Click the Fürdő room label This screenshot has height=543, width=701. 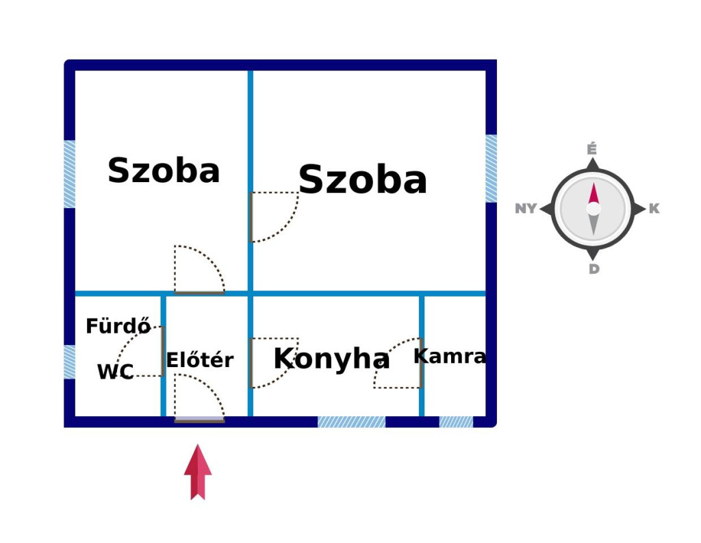[118, 326]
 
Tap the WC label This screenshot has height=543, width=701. [115, 372]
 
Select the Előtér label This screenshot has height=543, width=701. [200, 359]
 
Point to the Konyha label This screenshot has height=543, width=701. [331, 358]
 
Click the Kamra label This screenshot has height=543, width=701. [450, 357]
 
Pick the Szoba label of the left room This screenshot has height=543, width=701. [164, 171]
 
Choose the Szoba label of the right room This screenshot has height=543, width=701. [363, 179]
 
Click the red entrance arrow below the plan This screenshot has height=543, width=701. [198, 472]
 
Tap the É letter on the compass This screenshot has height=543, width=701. [592, 149]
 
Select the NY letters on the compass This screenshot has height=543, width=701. [526, 208]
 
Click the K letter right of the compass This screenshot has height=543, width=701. [654, 208]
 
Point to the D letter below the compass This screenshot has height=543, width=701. [594, 269]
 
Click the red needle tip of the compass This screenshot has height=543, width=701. [594, 183]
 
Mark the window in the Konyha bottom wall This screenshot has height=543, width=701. [351, 422]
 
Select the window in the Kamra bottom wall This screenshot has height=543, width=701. [456, 422]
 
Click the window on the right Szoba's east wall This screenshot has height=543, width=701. [492, 168]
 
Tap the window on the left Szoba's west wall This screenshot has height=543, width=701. [69, 174]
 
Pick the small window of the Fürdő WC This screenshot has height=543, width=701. [69, 362]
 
